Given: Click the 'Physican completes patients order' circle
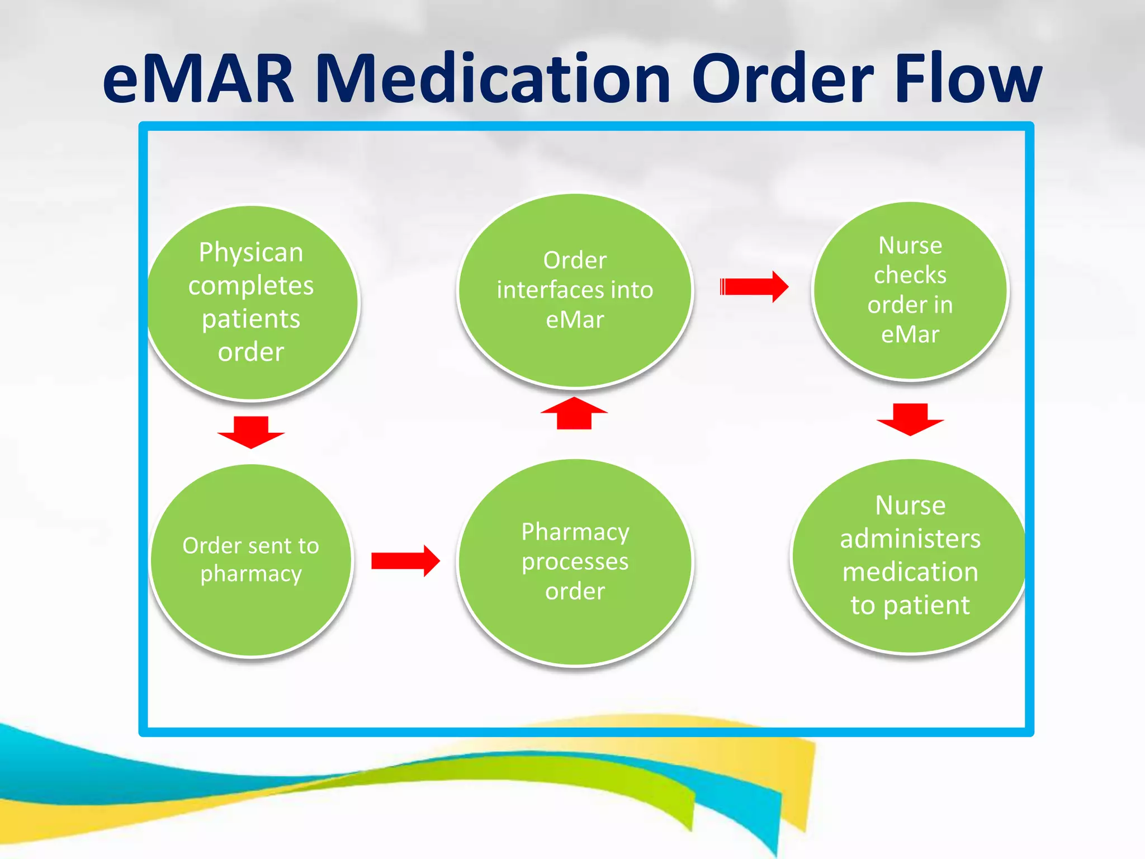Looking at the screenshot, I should pyautogui.click(x=252, y=303).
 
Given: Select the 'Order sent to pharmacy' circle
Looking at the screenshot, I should pyautogui.click(x=251, y=560).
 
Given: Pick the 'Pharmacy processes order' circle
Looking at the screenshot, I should pyautogui.click(x=575, y=562).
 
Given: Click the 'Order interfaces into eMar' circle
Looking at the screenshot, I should pyautogui.click(x=575, y=290).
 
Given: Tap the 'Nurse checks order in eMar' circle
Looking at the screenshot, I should pyautogui.click(x=910, y=290).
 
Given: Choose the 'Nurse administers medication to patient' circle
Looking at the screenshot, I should pyautogui.click(x=910, y=556).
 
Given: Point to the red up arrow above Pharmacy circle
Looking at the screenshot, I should pyautogui.click(x=574, y=413).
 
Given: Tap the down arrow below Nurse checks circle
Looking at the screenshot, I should pyautogui.click(x=910, y=419).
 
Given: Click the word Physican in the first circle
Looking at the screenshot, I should pyautogui.click(x=251, y=253).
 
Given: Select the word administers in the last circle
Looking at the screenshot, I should pyautogui.click(x=910, y=539).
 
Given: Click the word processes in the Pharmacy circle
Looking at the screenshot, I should pyautogui.click(x=575, y=561).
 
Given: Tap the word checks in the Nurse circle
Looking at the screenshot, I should pyautogui.click(x=910, y=275).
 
